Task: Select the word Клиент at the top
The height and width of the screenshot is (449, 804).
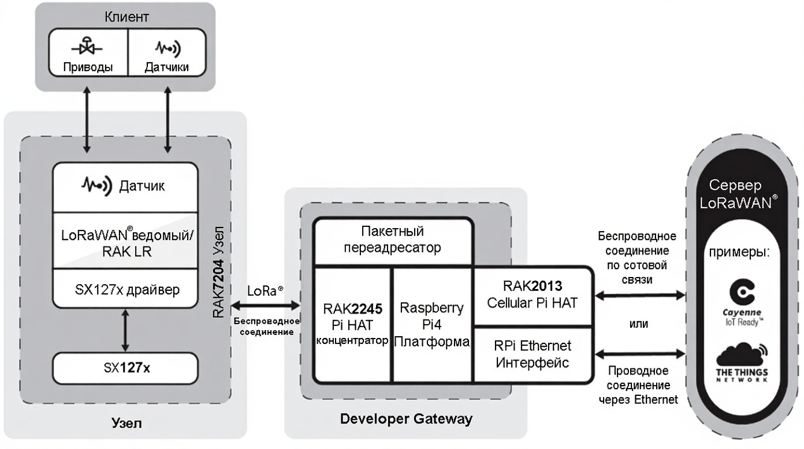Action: click(x=127, y=16)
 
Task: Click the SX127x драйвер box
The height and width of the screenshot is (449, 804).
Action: click(x=125, y=290)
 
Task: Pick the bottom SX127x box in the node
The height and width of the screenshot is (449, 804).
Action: click(x=125, y=364)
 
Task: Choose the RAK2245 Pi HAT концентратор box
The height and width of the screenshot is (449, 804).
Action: click(x=353, y=324)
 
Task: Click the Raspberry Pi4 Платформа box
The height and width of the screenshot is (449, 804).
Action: click(x=432, y=324)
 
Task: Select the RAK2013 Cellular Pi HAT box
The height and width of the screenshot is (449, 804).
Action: click(x=532, y=294)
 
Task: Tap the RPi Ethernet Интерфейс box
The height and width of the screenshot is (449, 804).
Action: click(x=532, y=355)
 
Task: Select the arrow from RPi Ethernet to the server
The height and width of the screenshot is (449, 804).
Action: click(x=640, y=354)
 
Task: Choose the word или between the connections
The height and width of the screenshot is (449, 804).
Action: click(x=639, y=324)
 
